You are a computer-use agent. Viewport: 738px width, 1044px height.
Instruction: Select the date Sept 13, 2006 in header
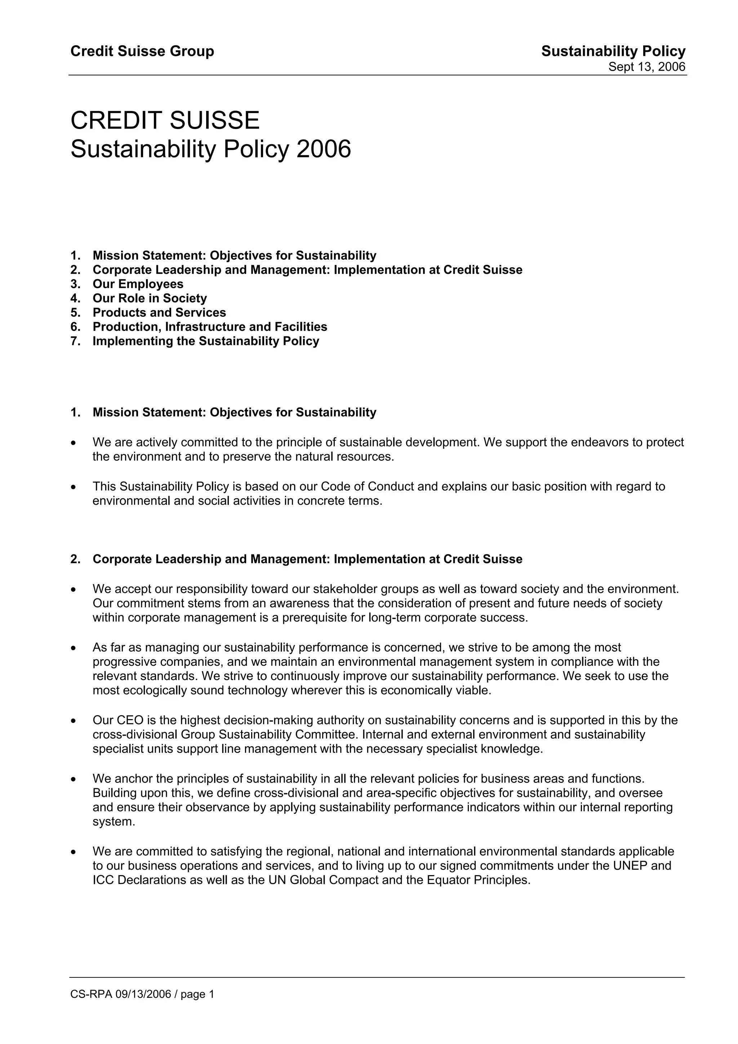[646, 67]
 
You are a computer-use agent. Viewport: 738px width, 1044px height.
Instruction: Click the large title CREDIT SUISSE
[165, 120]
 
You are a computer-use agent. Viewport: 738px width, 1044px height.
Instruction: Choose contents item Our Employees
[138, 284]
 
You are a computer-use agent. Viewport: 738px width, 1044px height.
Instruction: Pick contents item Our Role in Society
[150, 298]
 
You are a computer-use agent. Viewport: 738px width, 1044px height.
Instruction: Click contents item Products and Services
[159, 313]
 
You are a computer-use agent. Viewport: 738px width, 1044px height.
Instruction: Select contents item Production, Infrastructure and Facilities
[210, 327]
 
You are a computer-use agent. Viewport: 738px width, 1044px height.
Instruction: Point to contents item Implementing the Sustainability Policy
[205, 341]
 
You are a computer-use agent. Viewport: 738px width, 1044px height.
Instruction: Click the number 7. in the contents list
[75, 341]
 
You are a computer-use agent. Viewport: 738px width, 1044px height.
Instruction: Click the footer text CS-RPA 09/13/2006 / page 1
[142, 1007]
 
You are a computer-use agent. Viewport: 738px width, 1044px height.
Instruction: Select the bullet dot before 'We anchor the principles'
[73, 779]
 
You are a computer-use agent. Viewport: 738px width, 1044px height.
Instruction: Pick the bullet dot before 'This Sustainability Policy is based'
[73, 487]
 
